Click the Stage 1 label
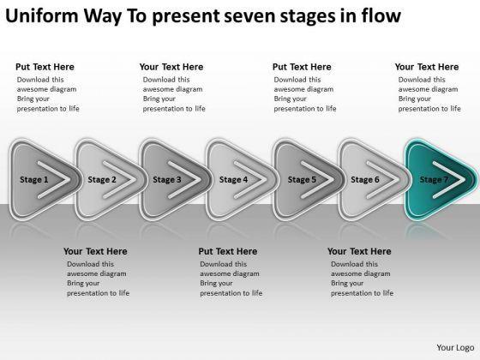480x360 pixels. click(x=34, y=180)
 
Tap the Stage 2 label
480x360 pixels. click(x=102, y=180)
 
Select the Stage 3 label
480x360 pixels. click(x=167, y=180)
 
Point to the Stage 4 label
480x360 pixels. click(x=233, y=180)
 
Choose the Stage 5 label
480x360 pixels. click(x=302, y=180)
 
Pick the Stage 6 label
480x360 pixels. click(x=365, y=180)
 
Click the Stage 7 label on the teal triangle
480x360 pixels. click(x=434, y=180)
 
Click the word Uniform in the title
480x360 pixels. click(x=42, y=15)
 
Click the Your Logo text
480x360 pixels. click(x=455, y=348)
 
